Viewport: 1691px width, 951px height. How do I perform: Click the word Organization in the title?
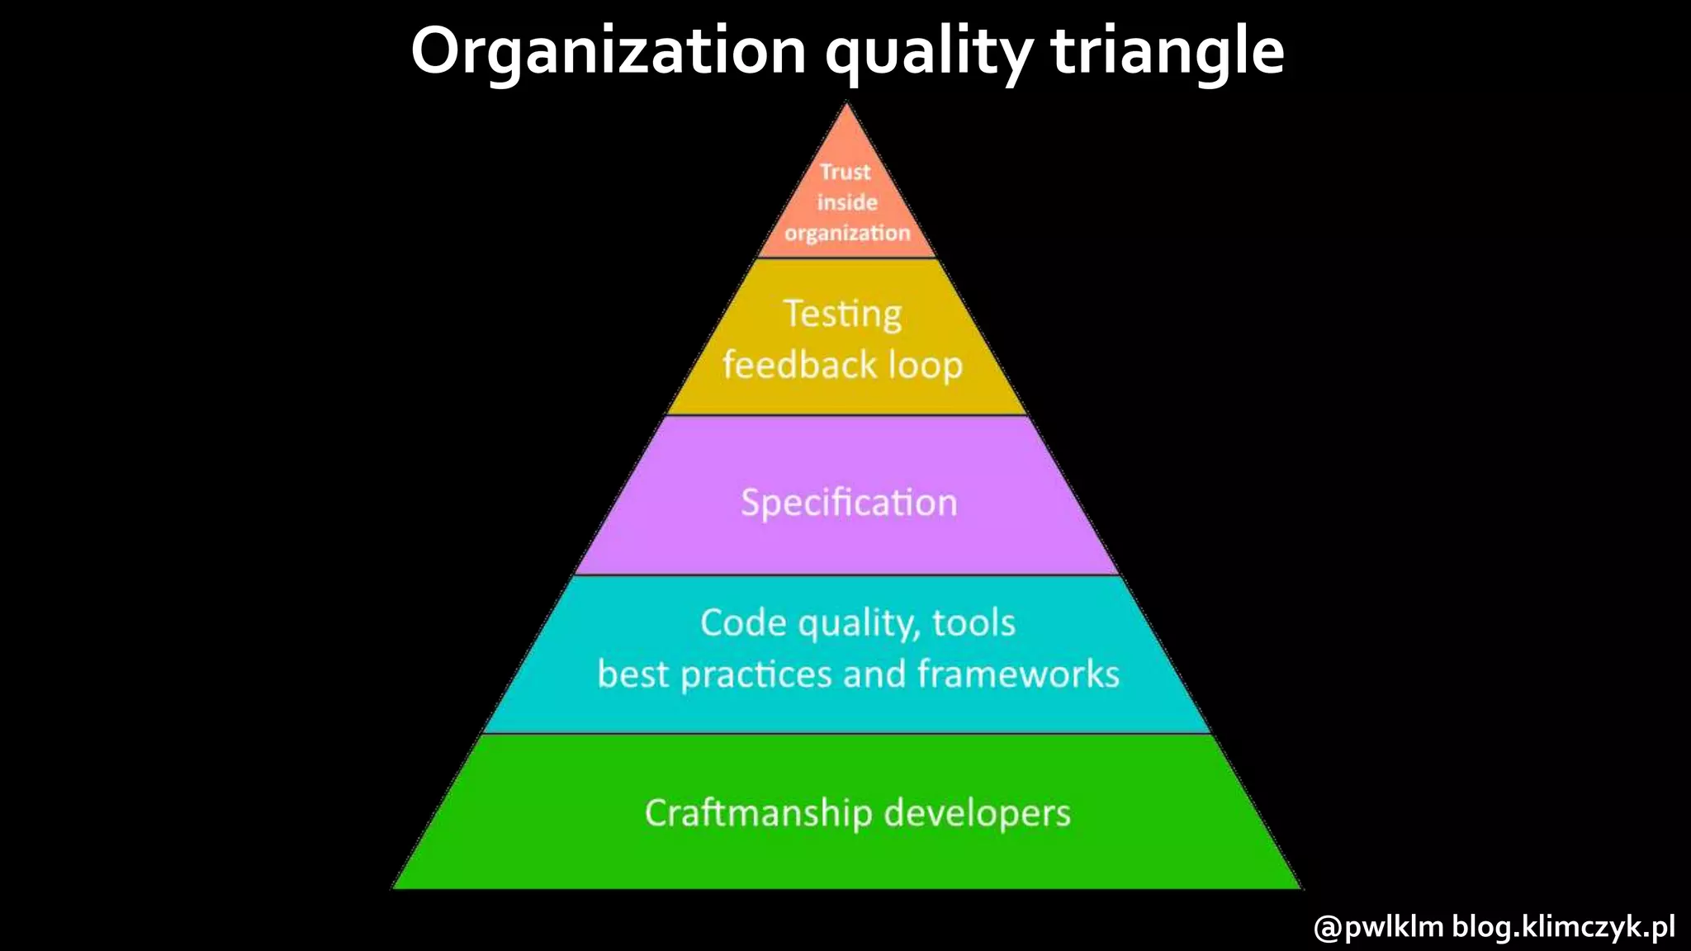tap(608, 51)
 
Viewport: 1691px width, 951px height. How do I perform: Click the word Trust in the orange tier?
tap(845, 172)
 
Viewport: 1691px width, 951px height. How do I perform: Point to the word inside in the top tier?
tap(847, 202)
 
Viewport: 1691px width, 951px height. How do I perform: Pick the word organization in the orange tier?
tap(847, 233)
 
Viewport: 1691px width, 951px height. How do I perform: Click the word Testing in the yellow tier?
tap(842, 315)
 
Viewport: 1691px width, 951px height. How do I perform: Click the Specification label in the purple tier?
tap(849, 503)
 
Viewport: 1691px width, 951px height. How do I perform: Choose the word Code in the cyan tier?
tap(743, 622)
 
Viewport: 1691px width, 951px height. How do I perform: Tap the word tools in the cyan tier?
tap(973, 622)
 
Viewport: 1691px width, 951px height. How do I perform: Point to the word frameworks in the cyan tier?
tap(1018, 674)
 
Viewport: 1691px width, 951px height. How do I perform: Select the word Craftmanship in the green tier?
tap(758, 813)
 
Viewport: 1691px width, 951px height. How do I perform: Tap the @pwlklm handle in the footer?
tap(1378, 926)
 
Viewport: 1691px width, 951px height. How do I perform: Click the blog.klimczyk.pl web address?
tap(1564, 926)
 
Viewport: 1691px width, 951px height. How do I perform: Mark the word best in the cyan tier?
tap(632, 674)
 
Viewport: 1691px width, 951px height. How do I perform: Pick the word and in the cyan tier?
tap(874, 674)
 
